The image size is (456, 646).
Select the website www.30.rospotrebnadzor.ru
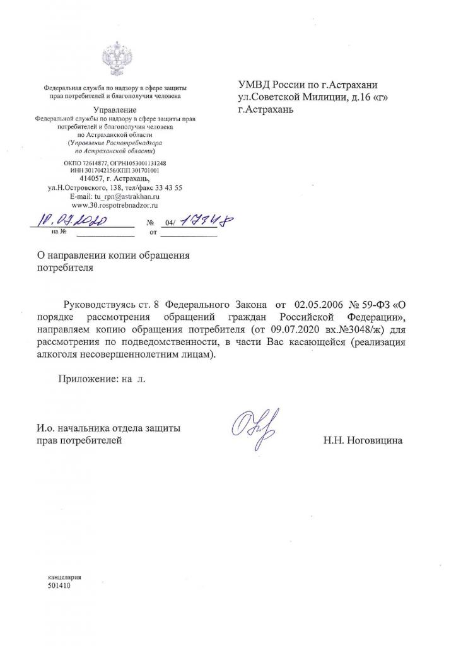pyautogui.click(x=115, y=206)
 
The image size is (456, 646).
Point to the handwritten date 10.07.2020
pyautogui.click(x=74, y=221)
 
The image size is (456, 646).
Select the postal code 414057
pyautogui.click(x=85, y=179)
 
